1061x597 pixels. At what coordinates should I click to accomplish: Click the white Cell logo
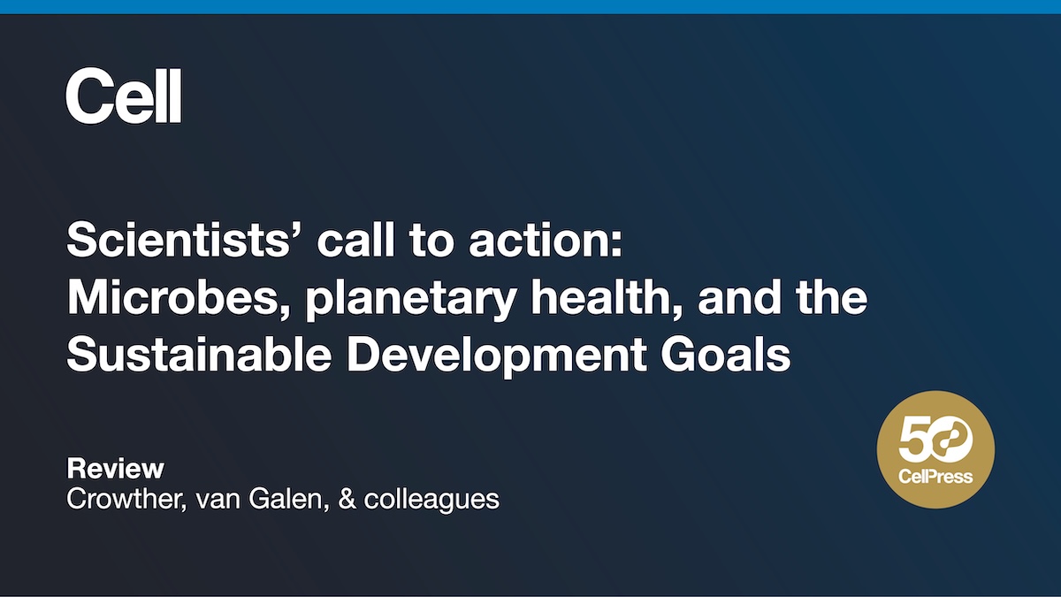[123, 97]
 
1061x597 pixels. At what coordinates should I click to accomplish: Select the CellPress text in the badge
[936, 477]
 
